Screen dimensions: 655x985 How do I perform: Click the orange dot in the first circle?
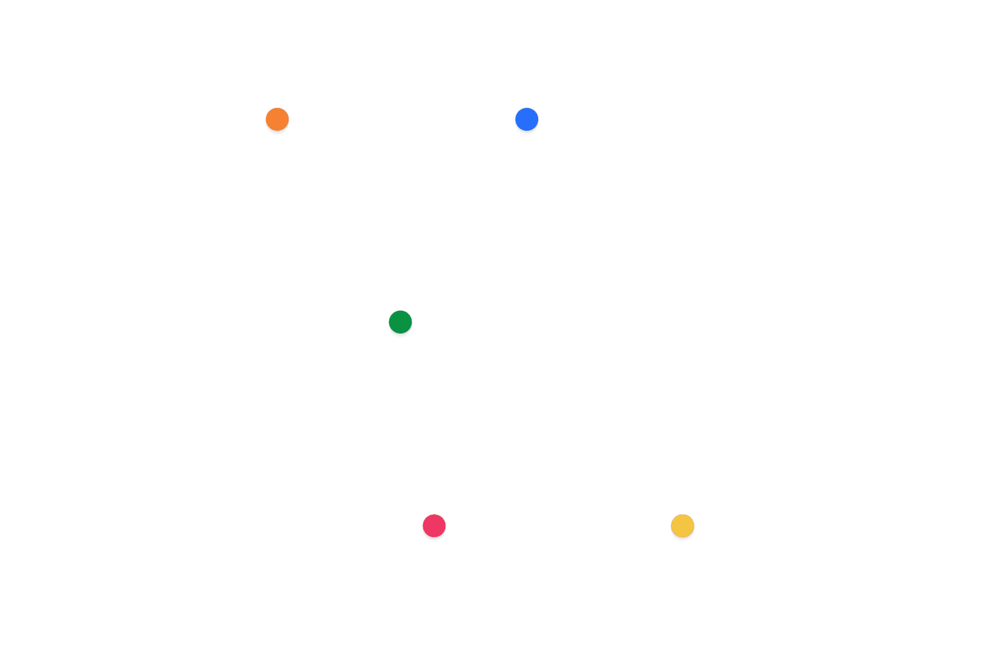click(277, 120)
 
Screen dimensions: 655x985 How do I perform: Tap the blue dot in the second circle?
click(526, 120)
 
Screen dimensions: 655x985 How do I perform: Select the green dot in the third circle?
click(400, 322)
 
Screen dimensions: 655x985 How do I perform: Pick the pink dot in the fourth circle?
click(434, 526)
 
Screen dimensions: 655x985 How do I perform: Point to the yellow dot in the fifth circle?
click(682, 526)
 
